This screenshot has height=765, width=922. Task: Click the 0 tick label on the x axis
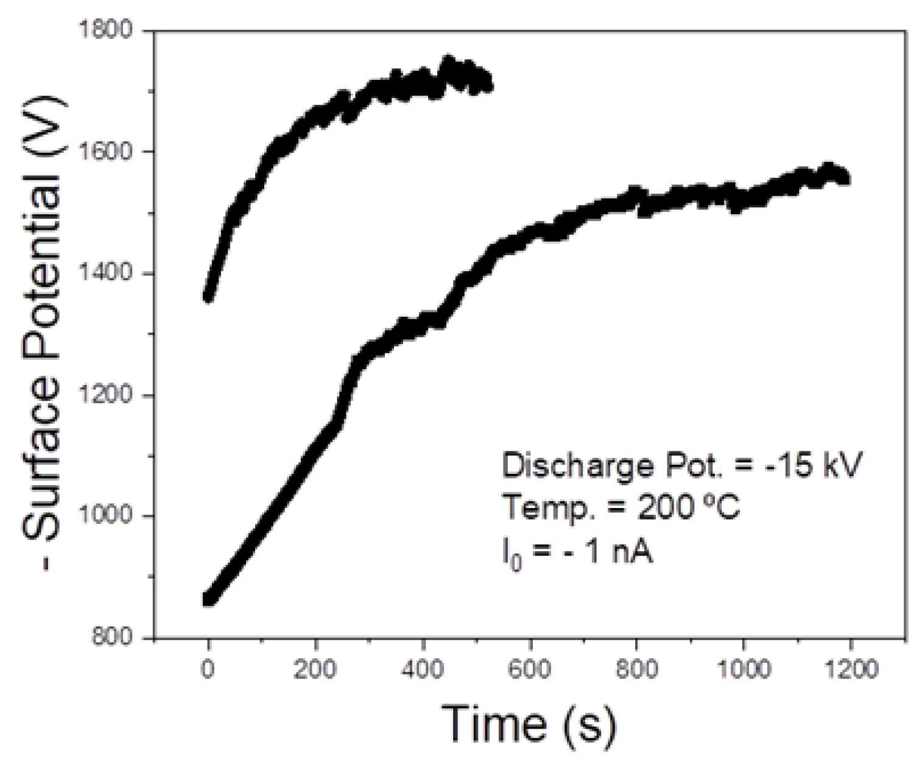[208, 670]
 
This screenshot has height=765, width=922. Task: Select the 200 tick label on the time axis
[315, 670]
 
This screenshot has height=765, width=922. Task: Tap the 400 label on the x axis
[423, 670]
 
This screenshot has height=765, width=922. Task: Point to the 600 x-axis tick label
[530, 670]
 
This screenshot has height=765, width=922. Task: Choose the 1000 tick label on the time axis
[743, 670]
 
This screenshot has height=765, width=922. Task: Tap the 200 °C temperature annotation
[688, 507]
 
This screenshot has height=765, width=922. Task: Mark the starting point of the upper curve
[208, 296]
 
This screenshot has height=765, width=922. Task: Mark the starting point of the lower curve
[208, 599]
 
